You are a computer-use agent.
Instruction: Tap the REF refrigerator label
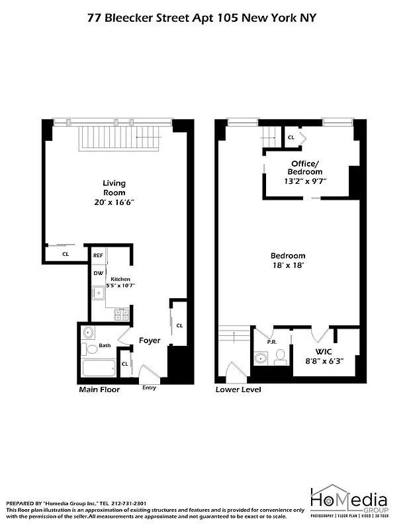98,255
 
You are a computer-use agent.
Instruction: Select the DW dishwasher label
98,273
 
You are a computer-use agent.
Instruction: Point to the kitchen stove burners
121,314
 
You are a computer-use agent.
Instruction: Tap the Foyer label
150,341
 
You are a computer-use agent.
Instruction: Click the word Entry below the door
150,387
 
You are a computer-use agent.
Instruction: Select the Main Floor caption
99,390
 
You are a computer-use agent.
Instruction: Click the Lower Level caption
238,390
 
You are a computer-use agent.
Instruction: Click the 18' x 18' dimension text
288,265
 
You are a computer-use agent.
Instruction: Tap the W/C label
323,351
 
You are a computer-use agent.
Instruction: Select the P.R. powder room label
271,343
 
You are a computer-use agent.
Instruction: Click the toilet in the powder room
280,356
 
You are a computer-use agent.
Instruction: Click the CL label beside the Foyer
179,325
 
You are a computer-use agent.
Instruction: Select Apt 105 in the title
216,19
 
